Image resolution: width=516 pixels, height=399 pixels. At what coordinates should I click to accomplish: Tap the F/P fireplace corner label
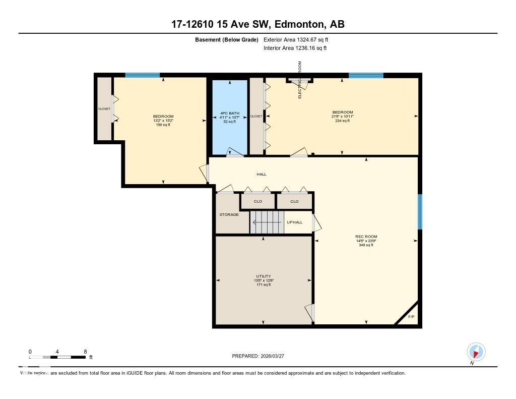click(411, 317)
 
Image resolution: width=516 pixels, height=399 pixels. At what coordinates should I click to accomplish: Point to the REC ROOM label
click(366, 237)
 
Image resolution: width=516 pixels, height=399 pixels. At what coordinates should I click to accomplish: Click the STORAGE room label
click(229, 215)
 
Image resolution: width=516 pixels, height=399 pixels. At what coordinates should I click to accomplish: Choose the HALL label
click(261, 175)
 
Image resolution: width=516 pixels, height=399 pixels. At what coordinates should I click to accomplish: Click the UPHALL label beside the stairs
click(294, 222)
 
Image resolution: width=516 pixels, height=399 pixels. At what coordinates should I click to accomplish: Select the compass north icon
click(476, 352)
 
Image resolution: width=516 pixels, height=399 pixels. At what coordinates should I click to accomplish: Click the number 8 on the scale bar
click(85, 352)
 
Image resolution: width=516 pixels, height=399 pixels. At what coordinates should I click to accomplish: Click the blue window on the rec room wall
click(420, 211)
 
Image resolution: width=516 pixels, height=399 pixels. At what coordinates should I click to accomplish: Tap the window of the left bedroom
click(143, 75)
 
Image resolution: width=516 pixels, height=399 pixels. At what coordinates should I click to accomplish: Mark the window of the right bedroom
click(366, 75)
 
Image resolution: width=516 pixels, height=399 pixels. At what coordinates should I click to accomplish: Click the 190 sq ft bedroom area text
click(163, 125)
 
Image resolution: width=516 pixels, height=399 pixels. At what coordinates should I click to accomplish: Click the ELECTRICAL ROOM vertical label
click(300, 80)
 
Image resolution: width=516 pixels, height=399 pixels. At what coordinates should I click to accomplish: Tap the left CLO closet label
click(258, 202)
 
